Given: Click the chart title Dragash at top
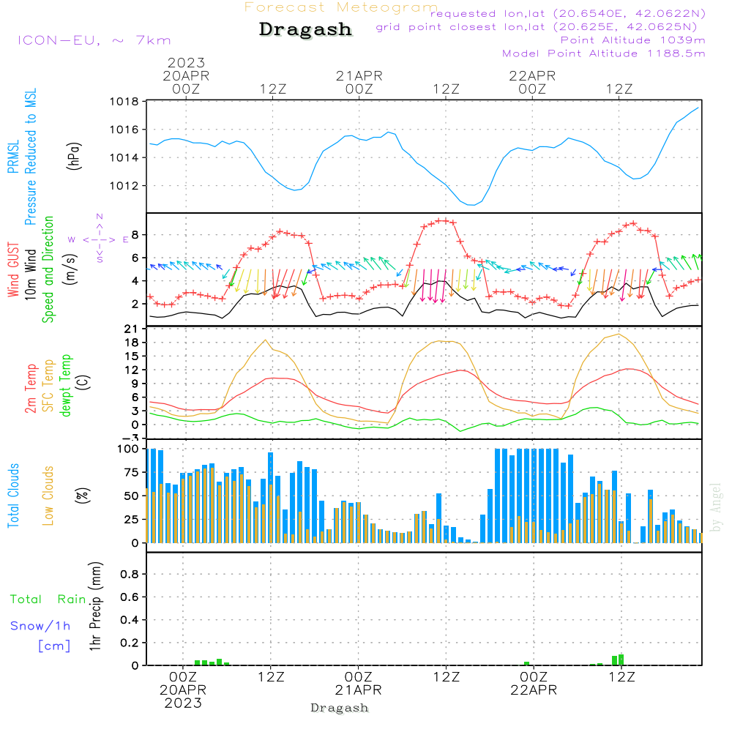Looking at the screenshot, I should [x=305, y=30].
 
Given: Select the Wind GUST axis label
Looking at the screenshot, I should [x=13, y=272].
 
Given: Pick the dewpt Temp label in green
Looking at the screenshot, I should [x=66, y=386].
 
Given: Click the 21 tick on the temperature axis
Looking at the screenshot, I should [x=132, y=329].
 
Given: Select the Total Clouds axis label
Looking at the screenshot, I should [x=13, y=496].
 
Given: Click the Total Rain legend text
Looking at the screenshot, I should [x=48, y=600].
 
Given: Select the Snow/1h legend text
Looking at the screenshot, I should [x=40, y=626].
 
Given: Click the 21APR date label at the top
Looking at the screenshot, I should [x=359, y=75].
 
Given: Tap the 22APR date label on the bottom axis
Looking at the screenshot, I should [x=534, y=690].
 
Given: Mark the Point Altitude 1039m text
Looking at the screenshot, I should [x=632, y=40].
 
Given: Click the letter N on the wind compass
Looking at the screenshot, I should [x=100, y=217].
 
